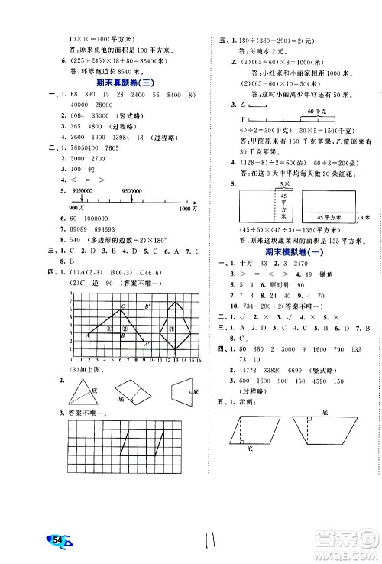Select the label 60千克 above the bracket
(312, 111)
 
